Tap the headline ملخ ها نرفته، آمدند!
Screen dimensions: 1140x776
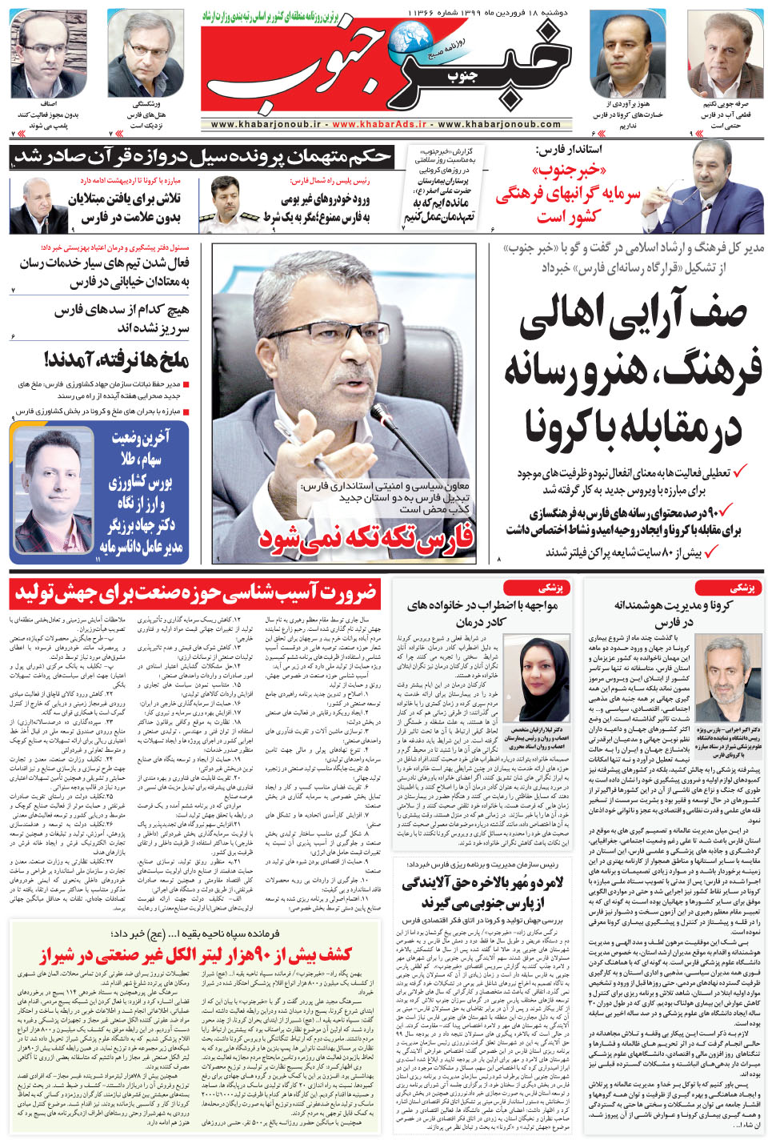[x=117, y=359]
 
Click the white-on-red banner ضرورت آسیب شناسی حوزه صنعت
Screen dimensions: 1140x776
[x=196, y=594]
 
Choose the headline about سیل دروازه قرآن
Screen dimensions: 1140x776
[x=204, y=157]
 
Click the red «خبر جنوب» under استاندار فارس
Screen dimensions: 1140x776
[x=570, y=171]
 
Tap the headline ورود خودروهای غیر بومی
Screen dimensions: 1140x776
[x=325, y=199]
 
